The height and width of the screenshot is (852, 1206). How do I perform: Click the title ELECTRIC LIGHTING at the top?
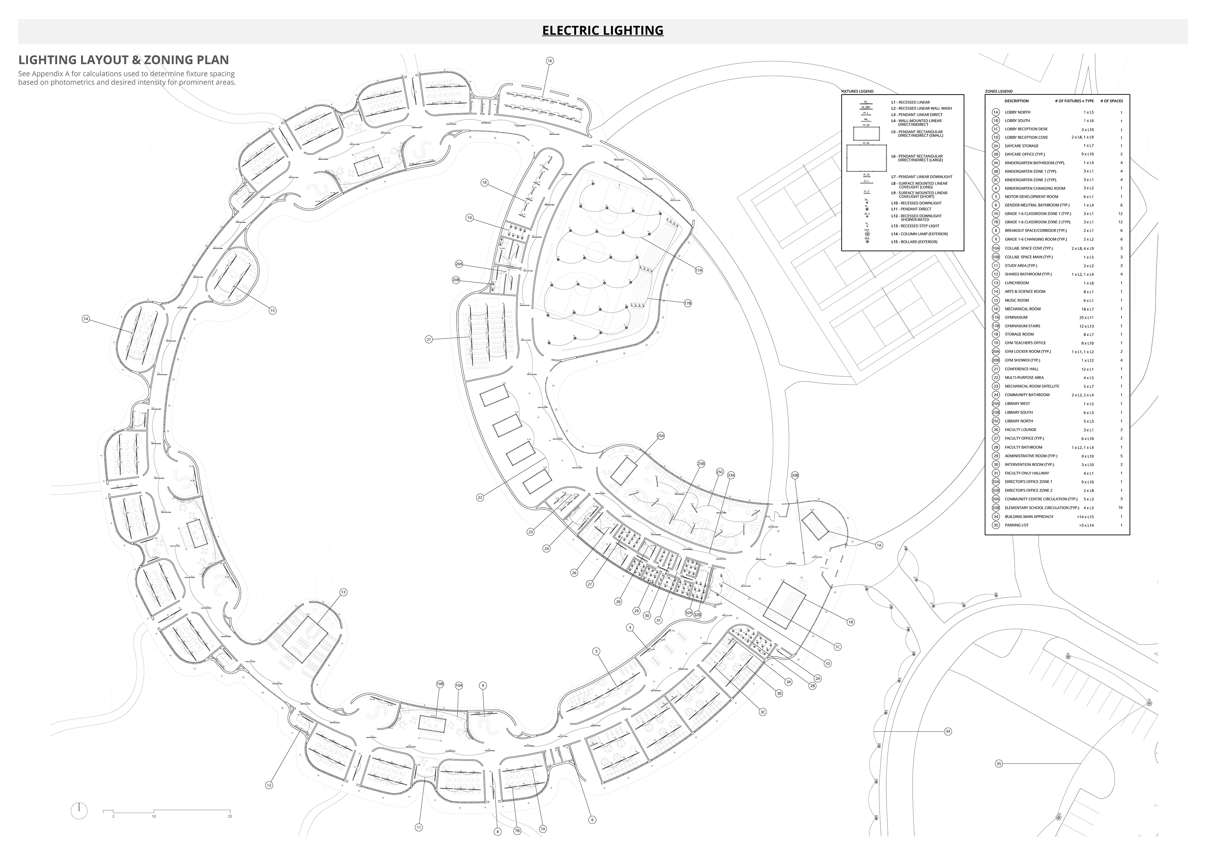click(602, 30)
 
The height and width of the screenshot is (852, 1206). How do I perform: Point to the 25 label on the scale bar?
click(230, 816)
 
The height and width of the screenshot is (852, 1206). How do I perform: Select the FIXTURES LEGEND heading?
click(857, 91)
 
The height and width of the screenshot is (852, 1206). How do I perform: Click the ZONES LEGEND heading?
click(998, 91)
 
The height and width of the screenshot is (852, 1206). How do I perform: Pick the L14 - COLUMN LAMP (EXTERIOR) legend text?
click(919, 234)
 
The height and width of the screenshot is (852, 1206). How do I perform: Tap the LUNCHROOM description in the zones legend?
click(1016, 283)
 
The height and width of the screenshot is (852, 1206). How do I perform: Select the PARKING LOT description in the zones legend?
click(1016, 525)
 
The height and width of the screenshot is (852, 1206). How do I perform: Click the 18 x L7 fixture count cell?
click(1087, 309)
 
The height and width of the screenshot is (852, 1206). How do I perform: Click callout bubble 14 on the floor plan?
click(86, 319)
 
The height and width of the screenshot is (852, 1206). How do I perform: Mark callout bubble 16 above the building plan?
click(549, 61)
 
